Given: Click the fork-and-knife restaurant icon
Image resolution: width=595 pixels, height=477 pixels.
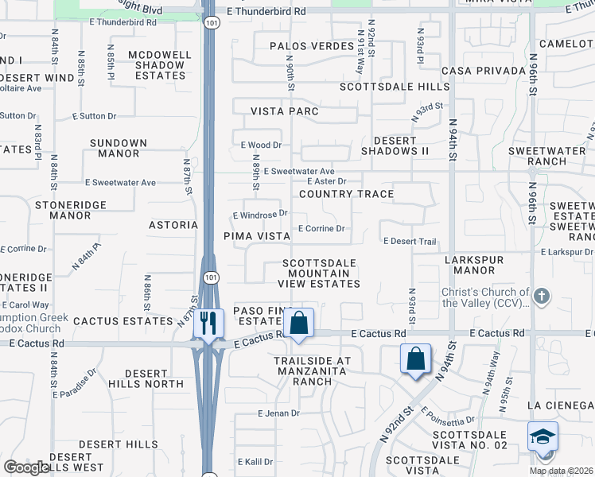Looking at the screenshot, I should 208,323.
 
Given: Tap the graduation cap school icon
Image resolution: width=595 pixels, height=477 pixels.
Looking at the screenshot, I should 542,437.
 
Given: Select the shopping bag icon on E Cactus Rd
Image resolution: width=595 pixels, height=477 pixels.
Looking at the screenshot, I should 298,324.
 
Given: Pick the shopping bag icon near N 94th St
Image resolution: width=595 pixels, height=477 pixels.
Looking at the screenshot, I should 416,359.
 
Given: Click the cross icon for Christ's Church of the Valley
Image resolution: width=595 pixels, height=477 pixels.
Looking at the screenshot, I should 542,297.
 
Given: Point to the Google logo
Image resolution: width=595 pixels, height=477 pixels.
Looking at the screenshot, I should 26,467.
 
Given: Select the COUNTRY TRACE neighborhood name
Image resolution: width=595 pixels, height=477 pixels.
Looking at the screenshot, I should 346,194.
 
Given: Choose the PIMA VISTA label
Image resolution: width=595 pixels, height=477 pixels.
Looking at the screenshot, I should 257,236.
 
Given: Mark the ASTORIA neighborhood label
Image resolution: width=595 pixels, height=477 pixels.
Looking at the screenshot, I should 173,225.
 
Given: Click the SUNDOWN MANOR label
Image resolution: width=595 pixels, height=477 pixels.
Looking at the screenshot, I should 119,149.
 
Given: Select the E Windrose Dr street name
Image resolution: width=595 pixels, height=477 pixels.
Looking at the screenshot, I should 259,215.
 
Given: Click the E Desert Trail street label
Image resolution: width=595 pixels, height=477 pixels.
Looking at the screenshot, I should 410,241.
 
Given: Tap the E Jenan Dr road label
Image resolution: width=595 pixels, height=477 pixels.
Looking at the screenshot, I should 278,413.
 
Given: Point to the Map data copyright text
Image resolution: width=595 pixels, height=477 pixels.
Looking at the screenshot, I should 562,471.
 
